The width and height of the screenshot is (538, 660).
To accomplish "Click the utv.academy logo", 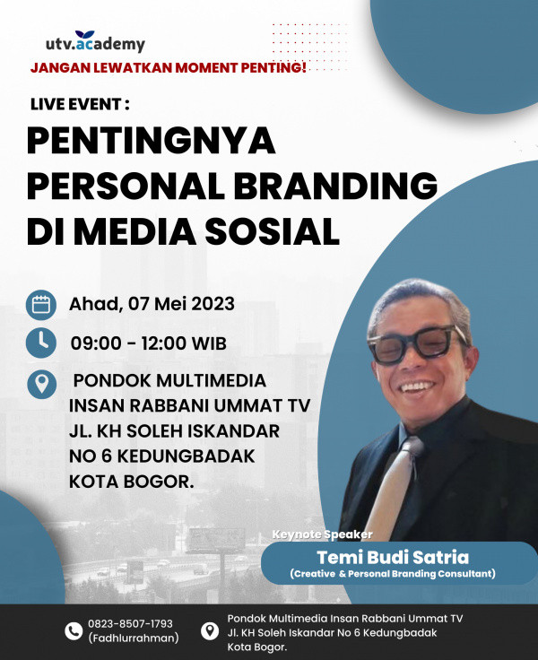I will coord(95,43).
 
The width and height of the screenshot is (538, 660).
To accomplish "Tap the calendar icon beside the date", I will coord(41,304).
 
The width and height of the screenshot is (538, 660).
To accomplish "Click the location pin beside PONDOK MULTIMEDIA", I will coord(40,383).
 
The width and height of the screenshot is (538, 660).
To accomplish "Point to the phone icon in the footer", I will coord(74,630).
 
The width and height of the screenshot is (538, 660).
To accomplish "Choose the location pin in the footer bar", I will coord(209,630).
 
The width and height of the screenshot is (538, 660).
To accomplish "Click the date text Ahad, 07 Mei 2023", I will coord(152,304).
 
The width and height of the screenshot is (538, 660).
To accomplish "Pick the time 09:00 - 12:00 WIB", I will coord(149,343).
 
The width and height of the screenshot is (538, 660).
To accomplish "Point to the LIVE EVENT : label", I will coord(81,104).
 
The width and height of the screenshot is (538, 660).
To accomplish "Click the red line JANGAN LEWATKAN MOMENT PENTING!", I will coord(169,67).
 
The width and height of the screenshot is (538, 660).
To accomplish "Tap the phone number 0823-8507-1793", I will coord(130,623).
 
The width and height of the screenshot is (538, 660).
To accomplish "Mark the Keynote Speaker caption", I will coord(321,534).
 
